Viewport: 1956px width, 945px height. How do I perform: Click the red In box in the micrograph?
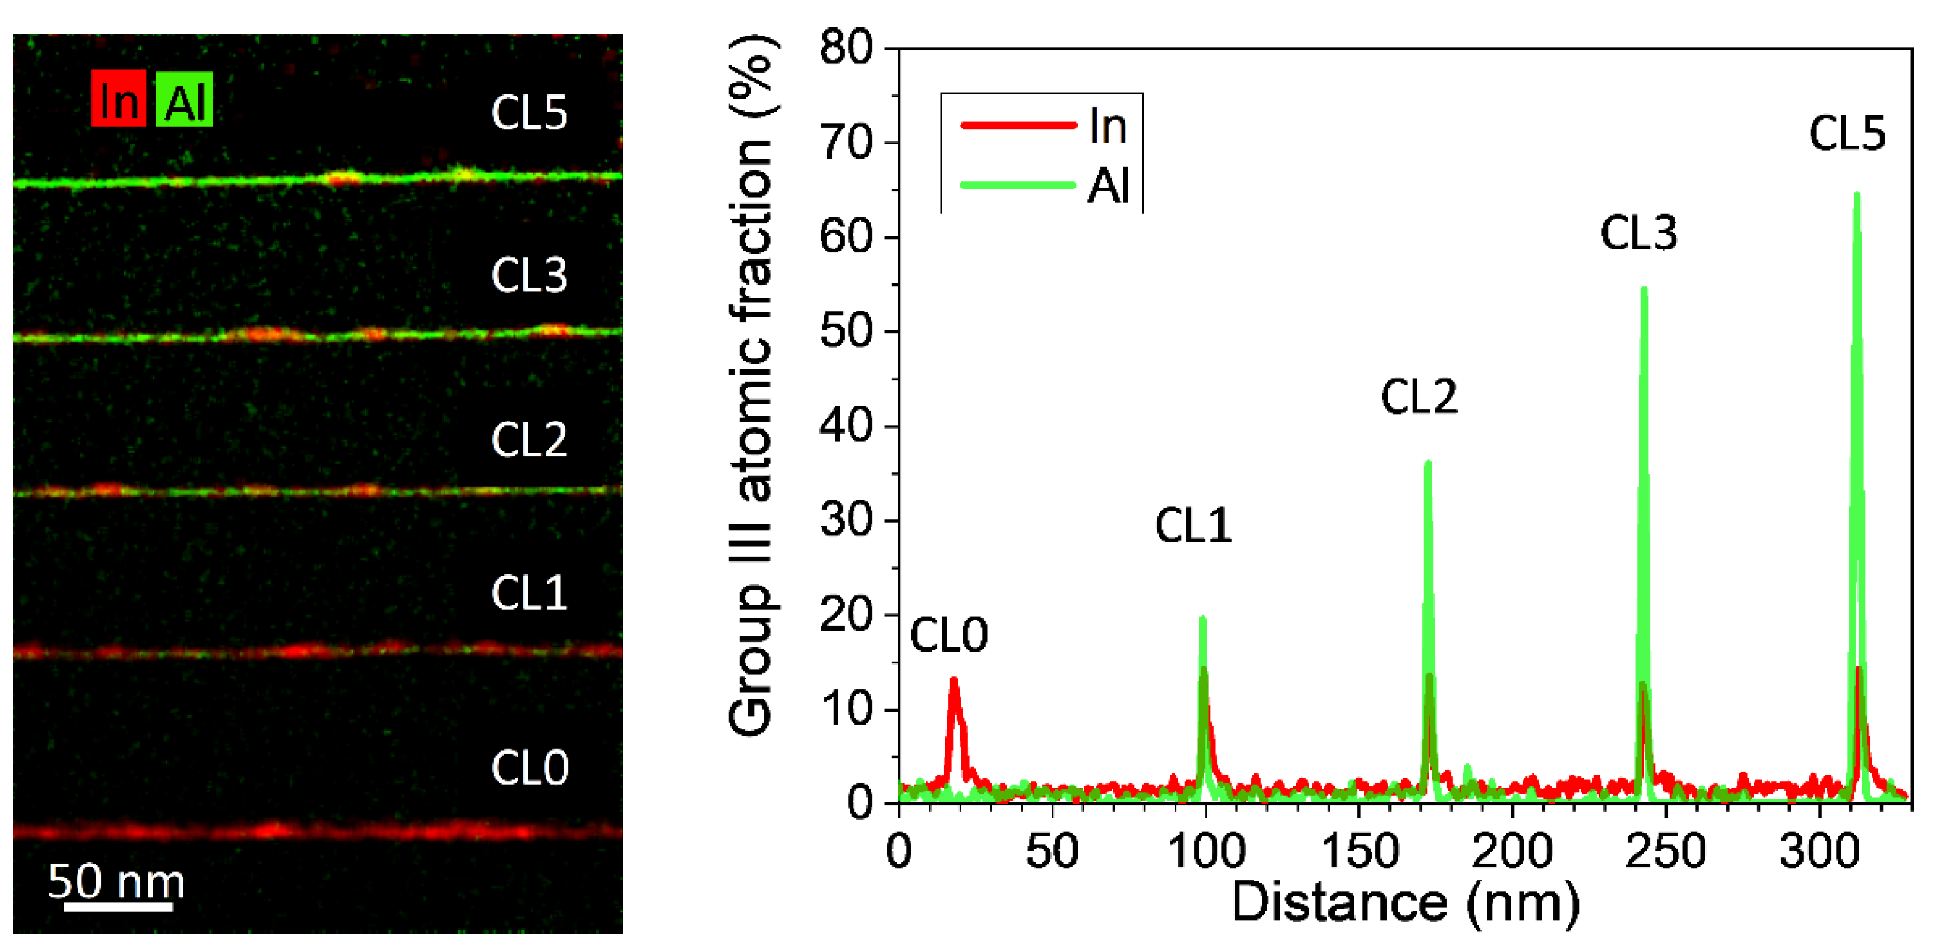(118, 99)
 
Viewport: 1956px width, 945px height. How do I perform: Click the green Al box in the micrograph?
(183, 99)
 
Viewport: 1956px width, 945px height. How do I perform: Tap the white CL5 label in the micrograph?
(529, 112)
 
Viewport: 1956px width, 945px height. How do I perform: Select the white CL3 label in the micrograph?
(529, 274)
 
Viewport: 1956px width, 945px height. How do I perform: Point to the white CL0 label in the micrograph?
(529, 767)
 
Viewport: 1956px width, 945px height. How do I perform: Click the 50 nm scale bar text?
(116, 881)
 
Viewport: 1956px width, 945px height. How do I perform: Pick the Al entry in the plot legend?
(1108, 185)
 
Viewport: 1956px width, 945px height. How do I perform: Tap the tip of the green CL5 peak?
(1857, 195)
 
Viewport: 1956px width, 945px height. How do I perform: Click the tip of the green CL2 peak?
(1428, 463)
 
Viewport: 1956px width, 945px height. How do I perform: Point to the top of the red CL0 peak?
(954, 679)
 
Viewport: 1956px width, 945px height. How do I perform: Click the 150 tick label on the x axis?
(1359, 851)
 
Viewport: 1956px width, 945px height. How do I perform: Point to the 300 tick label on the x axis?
(1819, 851)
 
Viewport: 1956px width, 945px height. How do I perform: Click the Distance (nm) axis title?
(1405, 902)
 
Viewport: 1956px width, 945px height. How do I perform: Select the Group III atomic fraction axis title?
(750, 387)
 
